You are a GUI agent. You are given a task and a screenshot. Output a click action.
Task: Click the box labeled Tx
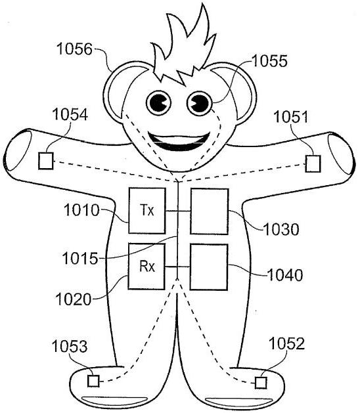147,211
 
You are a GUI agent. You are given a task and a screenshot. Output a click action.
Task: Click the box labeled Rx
146,267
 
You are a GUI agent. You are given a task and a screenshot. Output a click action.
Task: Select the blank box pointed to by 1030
210,211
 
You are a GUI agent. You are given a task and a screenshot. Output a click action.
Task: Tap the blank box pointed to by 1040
209,267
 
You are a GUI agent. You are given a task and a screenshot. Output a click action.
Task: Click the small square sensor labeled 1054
46,161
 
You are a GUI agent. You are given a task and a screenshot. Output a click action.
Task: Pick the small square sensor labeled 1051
313,163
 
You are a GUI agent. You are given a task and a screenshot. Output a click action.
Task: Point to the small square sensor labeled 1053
93,381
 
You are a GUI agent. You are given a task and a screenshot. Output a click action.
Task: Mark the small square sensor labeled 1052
261,383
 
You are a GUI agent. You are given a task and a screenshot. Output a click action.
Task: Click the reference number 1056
75,49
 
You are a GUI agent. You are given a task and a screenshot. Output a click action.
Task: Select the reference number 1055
269,61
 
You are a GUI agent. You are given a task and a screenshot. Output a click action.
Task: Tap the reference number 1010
81,210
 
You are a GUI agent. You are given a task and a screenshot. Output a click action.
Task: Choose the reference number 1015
80,259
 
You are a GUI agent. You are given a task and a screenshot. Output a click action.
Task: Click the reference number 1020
74,299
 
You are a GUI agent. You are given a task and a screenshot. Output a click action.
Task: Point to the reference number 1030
281,229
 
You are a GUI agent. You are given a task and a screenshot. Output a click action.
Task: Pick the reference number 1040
285,275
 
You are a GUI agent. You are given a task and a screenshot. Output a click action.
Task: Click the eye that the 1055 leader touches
200,103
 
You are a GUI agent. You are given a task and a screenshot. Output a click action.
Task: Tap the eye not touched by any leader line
159,102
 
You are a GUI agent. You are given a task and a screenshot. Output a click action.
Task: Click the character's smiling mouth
179,141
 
